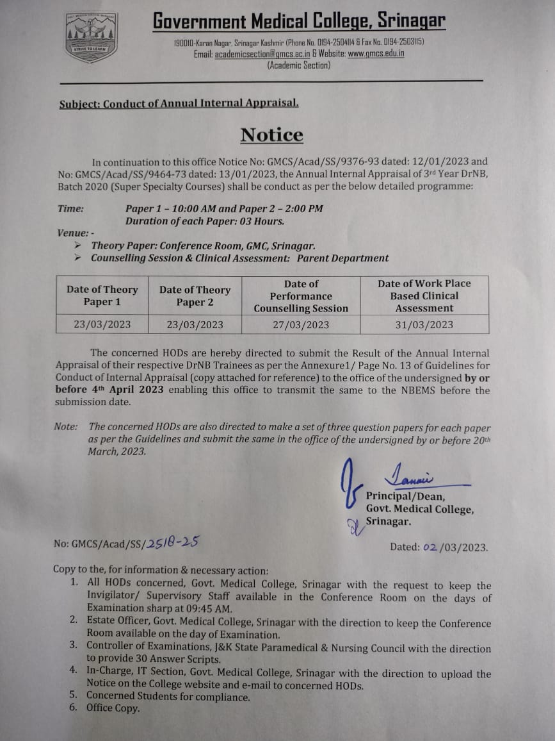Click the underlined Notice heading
click(x=272, y=135)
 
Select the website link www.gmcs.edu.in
click(x=376, y=54)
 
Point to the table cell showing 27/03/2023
click(x=301, y=324)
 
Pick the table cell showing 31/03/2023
click(x=424, y=324)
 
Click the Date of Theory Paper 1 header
click(x=102, y=296)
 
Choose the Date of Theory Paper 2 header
click(x=195, y=296)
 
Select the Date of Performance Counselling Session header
click(x=301, y=296)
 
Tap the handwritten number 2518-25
click(x=172, y=542)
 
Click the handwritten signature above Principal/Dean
click(x=410, y=476)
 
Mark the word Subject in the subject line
click(x=79, y=103)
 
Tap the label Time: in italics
click(x=70, y=208)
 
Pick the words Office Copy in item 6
click(x=113, y=708)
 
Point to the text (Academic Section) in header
click(x=299, y=65)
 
